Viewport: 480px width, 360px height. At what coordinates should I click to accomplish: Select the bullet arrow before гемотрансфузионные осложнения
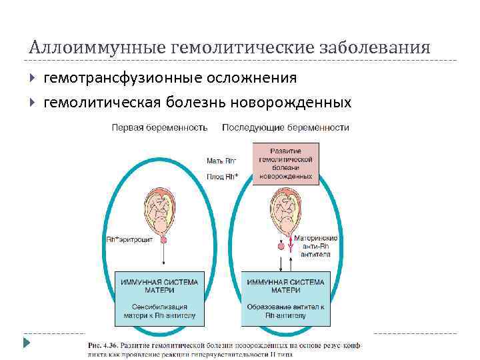[33, 79]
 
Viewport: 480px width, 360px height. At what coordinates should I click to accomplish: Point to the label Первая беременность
[159, 127]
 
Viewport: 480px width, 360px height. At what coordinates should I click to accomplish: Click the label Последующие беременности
[285, 127]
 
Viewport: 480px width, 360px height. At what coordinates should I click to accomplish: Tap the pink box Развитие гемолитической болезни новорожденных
[285, 164]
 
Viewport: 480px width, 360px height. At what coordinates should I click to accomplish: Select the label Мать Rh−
[221, 161]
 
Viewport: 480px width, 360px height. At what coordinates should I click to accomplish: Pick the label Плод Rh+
[222, 176]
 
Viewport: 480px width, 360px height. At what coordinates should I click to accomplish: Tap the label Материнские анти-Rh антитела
[319, 245]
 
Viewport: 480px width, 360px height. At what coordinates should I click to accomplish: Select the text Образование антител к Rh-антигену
[285, 312]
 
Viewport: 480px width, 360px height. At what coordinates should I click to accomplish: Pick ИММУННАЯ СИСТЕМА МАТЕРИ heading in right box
[285, 286]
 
